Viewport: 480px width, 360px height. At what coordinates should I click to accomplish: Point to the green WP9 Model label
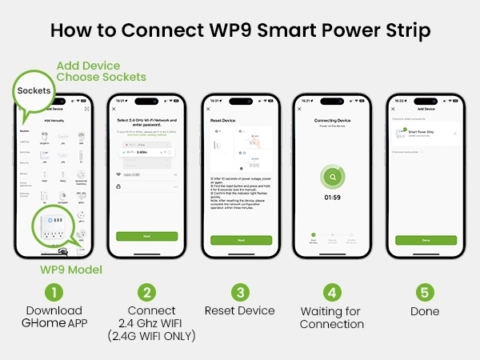click(71, 270)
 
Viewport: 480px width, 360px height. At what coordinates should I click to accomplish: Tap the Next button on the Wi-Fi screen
click(146, 237)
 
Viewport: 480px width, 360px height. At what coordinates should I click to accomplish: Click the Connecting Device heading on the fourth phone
click(331, 119)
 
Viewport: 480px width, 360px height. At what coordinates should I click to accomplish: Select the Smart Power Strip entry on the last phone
click(422, 133)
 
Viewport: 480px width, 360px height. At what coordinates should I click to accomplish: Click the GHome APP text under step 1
click(54, 324)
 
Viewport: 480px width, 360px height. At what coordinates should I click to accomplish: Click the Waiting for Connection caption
click(332, 318)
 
